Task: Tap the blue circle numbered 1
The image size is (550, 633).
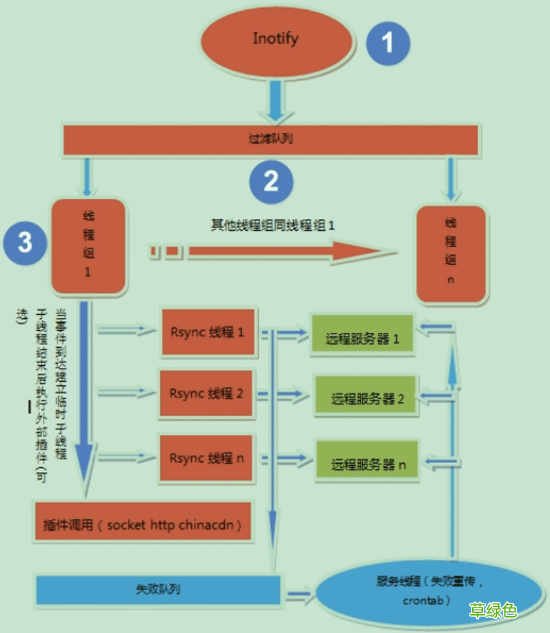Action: [x=387, y=42]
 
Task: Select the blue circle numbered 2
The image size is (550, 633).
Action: [x=271, y=181]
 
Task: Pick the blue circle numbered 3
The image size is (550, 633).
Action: [x=25, y=242]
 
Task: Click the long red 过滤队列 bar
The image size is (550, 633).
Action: [x=270, y=139]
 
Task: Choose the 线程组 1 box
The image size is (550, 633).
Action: [x=88, y=246]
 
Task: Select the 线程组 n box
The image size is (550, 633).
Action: [x=450, y=254]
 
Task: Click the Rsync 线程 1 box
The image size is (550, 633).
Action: [x=207, y=332]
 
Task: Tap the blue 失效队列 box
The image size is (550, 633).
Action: [x=158, y=589]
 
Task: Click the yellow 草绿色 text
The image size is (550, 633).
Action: [x=493, y=610]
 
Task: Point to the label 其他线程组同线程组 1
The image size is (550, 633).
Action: [x=273, y=226]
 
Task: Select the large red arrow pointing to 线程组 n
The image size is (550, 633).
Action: [x=288, y=251]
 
